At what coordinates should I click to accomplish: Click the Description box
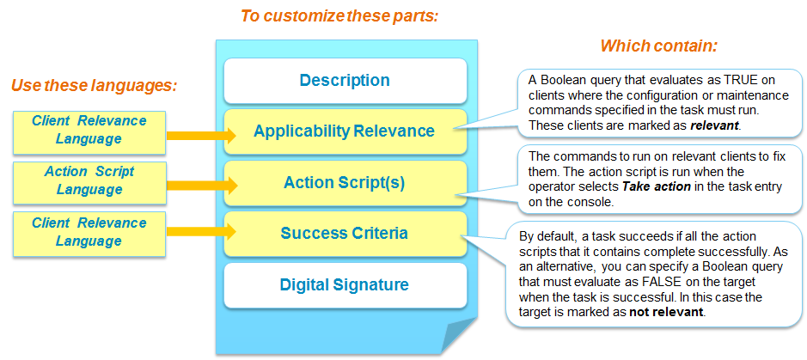coord(345,81)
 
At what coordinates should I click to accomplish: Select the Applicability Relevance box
coord(345,131)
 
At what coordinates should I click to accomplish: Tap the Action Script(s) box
coord(345,182)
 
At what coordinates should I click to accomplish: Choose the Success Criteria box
coord(345,234)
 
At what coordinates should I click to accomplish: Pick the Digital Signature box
coord(345,285)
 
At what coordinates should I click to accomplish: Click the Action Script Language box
coord(89,180)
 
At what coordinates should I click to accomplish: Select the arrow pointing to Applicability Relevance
coord(201,136)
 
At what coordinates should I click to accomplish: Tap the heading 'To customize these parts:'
coord(339,16)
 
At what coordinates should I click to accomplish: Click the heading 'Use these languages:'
coord(95,85)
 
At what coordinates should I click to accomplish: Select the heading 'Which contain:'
coord(659,46)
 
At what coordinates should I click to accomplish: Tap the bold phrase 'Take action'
coord(657,187)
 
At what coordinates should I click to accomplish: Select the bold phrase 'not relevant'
coord(666,313)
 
